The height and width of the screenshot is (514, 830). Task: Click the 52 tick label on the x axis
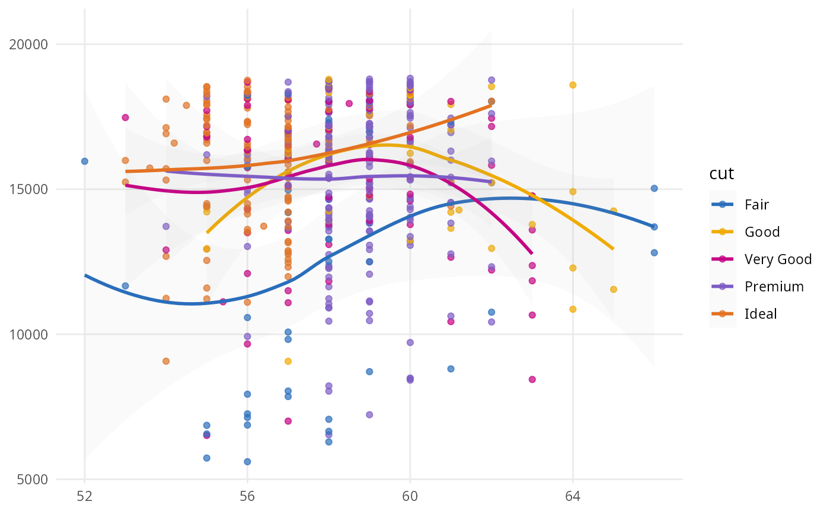point(85,496)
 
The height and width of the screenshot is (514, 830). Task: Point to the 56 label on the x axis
point(247,496)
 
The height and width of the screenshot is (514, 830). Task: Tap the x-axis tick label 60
point(410,496)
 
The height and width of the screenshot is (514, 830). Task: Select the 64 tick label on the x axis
point(573,496)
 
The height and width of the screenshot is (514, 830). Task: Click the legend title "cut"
point(722,174)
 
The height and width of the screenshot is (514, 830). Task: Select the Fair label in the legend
point(757,205)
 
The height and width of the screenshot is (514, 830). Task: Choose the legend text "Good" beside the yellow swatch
point(762,232)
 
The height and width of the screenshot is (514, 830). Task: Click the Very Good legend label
point(778,259)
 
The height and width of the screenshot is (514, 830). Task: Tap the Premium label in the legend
point(774,287)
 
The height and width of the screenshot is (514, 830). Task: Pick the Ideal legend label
point(761,314)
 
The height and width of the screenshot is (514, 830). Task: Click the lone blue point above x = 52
point(85,161)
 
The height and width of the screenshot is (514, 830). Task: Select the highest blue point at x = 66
point(654,188)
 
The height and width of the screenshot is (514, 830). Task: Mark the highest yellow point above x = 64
point(573,85)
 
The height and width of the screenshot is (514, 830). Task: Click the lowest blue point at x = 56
point(247,462)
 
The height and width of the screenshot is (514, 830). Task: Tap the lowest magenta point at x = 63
point(532,379)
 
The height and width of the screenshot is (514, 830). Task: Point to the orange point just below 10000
point(166,361)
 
